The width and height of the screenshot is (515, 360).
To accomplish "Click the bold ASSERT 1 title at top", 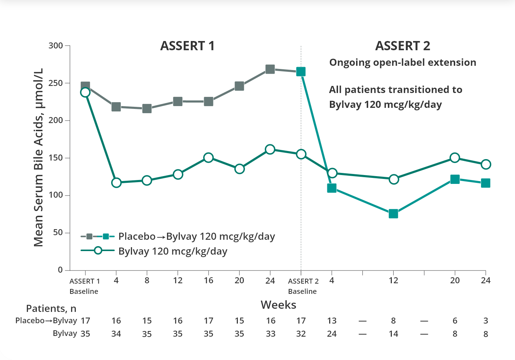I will [x=187, y=46].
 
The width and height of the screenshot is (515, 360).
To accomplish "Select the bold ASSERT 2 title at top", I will [x=402, y=46].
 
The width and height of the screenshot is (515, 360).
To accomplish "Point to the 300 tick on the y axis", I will [x=56, y=46].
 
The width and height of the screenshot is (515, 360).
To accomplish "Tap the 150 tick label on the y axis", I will [x=56, y=158].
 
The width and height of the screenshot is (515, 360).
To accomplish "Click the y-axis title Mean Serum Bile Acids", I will [x=38, y=157].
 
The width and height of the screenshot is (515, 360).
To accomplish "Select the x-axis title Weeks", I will [x=278, y=305].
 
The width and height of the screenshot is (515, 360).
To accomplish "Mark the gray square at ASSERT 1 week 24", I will [x=270, y=69].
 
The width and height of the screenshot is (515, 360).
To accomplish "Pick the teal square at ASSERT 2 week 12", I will [x=393, y=214].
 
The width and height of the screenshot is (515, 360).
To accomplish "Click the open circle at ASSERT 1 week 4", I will [x=116, y=183].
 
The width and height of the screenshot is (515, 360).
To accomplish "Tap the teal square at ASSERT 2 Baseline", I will [x=301, y=72].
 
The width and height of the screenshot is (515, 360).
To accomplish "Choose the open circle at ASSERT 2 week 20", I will [x=455, y=158].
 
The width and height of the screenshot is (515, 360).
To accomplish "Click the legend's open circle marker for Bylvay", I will [x=98, y=251].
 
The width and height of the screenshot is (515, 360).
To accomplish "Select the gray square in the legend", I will [x=90, y=236].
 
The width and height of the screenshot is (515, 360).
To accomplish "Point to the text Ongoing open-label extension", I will [x=402, y=63].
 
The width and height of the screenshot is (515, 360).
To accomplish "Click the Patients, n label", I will [x=51, y=309].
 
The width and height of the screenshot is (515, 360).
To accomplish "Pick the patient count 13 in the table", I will [x=332, y=321].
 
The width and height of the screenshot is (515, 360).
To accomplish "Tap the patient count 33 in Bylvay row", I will [x=270, y=334].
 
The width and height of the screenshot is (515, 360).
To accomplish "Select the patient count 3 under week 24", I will [x=486, y=321].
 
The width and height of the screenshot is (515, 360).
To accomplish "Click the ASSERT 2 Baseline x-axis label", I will [x=303, y=286].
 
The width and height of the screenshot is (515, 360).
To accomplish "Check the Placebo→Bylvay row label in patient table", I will [x=46, y=321].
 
